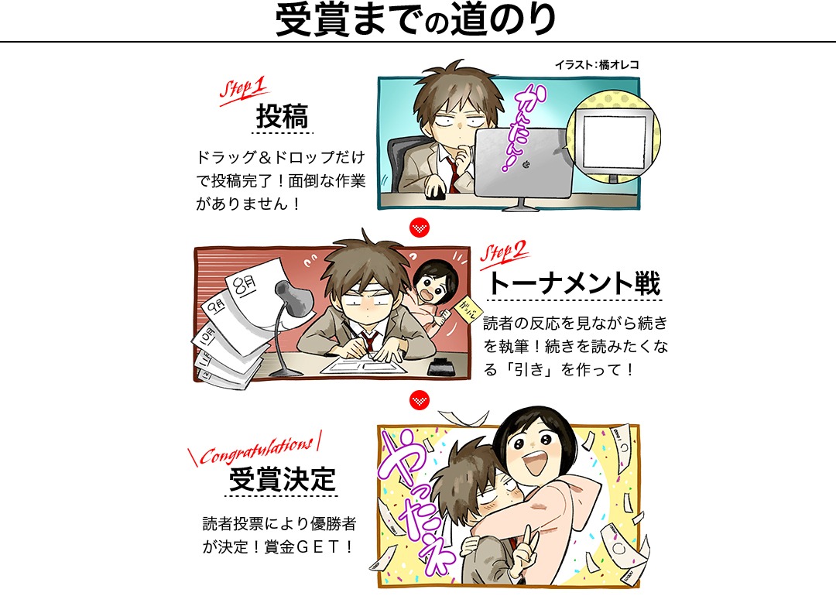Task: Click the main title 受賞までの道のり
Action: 416,19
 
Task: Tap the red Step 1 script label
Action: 243,89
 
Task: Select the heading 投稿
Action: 282,115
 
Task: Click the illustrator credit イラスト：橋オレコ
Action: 597,64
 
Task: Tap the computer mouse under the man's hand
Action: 436,194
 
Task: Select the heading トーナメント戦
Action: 574,283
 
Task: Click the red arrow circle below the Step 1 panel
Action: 420,228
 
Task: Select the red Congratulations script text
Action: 255,450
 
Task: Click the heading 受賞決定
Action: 283,479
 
